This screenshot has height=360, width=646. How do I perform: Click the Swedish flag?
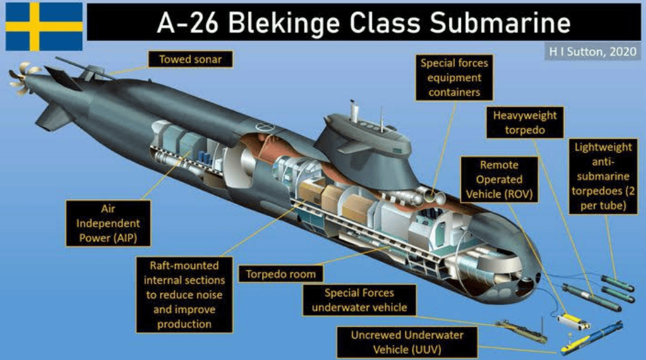(x=44, y=26)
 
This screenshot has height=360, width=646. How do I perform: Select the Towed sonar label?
(x=190, y=60)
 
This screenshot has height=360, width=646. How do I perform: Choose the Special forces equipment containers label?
(x=454, y=78)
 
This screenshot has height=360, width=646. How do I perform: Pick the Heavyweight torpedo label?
(x=525, y=123)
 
